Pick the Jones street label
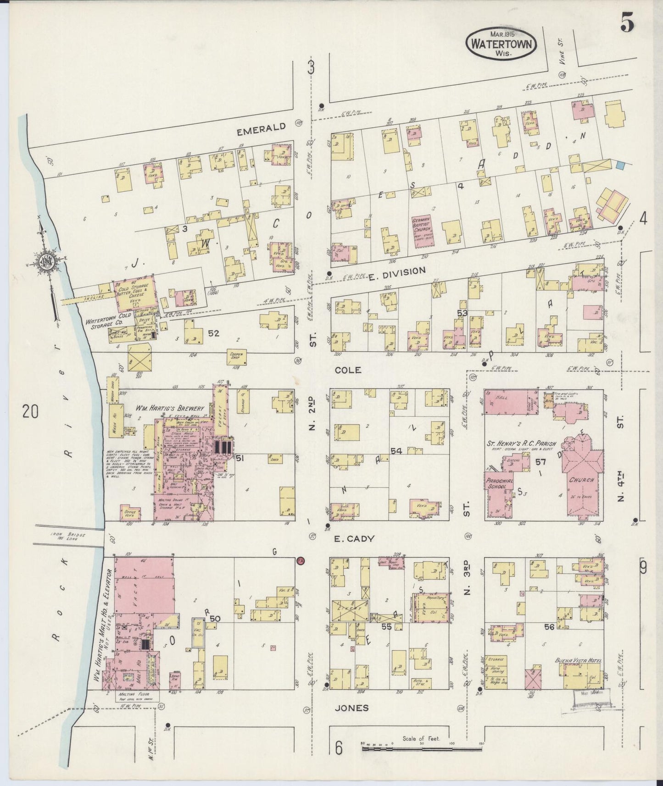click(x=352, y=708)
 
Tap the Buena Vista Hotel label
click(x=578, y=661)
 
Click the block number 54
click(x=396, y=452)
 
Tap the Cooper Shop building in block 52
click(x=238, y=357)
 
